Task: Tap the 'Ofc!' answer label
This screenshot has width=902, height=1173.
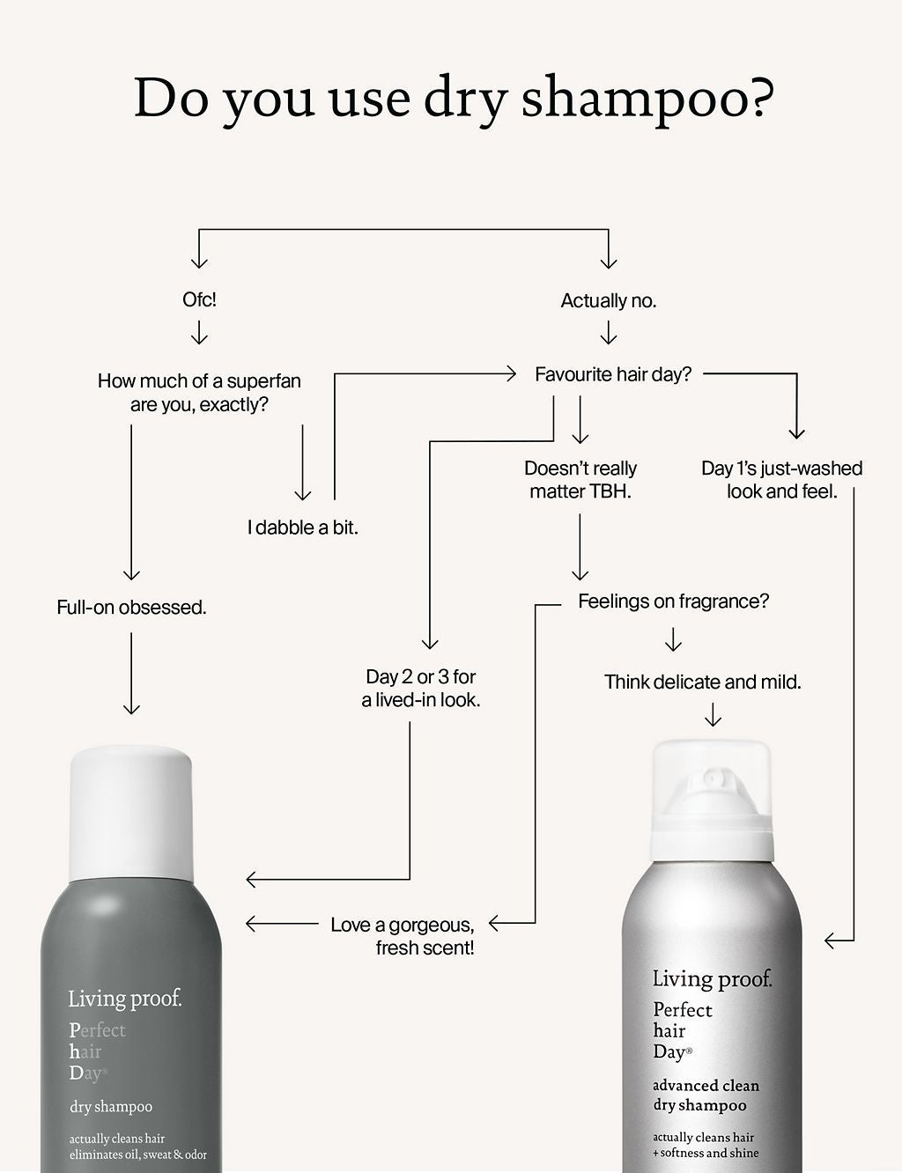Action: [199, 299]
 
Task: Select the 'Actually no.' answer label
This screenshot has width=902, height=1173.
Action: [609, 301]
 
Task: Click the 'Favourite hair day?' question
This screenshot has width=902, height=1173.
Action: [613, 374]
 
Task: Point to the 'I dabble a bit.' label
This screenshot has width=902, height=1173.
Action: [302, 527]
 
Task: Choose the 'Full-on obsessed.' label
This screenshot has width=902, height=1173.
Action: [131, 607]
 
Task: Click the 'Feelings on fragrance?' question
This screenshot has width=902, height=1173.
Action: [673, 601]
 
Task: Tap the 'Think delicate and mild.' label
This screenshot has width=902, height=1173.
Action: [702, 682]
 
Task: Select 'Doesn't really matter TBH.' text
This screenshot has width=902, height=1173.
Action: [580, 480]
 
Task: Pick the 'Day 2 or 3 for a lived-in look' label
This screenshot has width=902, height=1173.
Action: [421, 689]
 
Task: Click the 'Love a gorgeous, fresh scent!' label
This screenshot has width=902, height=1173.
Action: [403, 936]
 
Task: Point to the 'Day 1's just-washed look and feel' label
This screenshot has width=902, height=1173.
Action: [781, 480]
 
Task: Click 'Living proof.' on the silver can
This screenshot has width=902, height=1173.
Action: [712, 978]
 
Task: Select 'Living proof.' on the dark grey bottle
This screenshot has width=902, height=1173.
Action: [125, 999]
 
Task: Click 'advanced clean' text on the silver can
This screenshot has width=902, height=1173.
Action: [706, 1086]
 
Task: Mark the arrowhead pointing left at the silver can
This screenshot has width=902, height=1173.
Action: [830, 941]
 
